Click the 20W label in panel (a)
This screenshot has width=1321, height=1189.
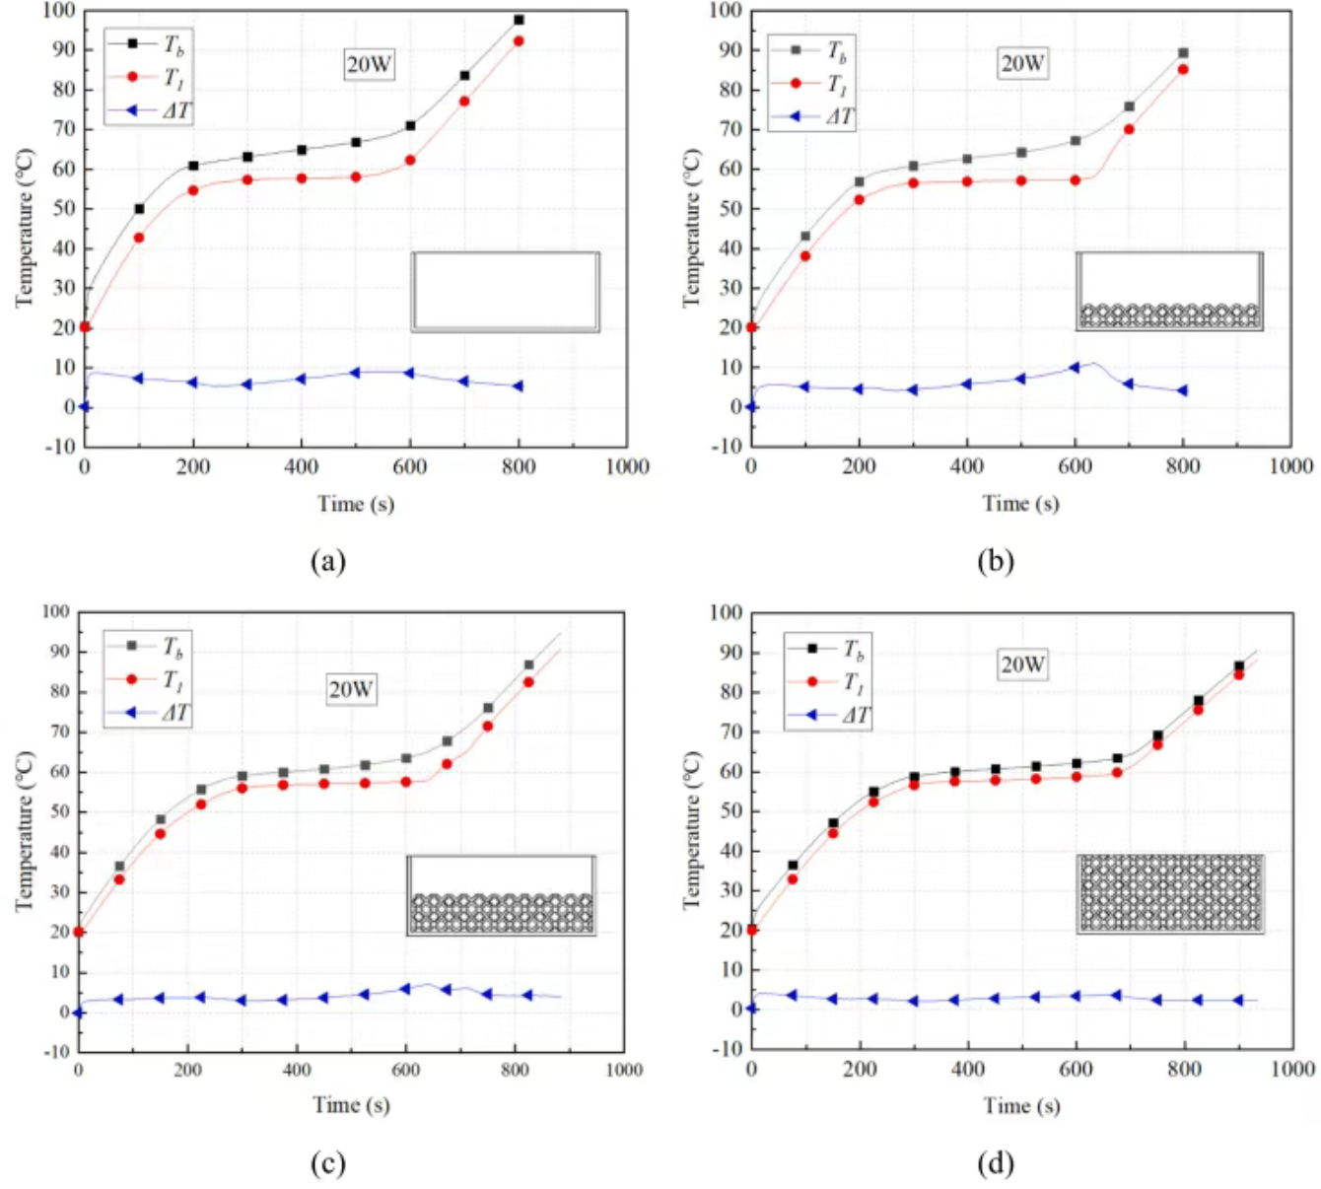369,65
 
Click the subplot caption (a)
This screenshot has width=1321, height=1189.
327,561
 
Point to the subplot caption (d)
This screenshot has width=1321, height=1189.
995,1163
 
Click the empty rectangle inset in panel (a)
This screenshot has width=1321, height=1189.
505,292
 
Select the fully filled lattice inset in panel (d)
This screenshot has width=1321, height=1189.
1169,893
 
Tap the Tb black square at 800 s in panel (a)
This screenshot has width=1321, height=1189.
519,20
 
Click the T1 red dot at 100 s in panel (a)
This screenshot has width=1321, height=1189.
139,238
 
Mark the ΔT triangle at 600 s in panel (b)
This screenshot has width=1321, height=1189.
1075,368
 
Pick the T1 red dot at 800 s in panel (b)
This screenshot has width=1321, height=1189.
1183,70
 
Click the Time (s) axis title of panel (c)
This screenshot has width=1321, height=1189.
351,1105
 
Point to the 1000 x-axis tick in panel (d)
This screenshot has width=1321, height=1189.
1292,1070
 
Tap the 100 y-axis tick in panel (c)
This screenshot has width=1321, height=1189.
56,612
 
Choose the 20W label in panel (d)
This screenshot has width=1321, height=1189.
1022,664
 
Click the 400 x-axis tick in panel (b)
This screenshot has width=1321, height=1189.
967,466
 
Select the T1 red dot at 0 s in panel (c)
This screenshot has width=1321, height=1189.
79,932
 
